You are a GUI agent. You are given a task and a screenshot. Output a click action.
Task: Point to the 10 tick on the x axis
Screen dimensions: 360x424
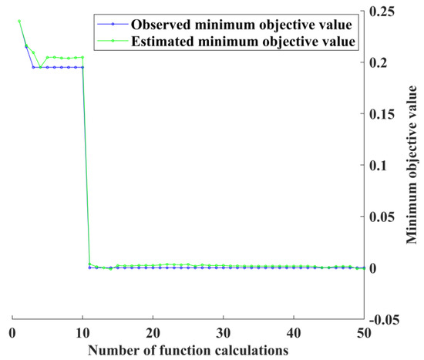82,331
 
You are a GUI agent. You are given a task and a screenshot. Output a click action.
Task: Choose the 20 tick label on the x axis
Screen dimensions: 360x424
153,331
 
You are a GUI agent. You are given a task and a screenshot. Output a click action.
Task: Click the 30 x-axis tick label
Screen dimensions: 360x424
223,331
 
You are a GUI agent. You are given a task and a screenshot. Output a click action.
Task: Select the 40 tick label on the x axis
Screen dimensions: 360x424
293,331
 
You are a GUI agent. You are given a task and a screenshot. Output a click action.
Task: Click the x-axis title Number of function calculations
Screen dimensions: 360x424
188,349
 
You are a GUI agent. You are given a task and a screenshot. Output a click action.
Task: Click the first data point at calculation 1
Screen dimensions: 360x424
19,21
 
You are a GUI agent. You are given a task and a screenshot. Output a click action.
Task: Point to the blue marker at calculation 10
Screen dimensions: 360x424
82,67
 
